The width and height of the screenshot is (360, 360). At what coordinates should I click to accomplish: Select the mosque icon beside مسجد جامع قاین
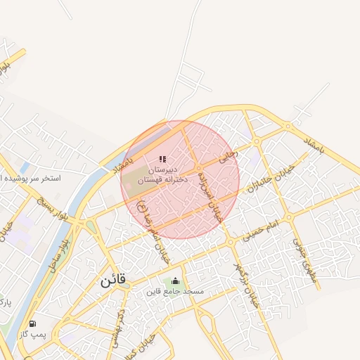[175, 281]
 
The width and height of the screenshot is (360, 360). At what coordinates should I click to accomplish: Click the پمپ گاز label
[34, 334]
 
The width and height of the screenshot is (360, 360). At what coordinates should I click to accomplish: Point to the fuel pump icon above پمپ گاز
[32, 323]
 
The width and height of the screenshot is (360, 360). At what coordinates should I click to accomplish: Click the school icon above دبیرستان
[162, 160]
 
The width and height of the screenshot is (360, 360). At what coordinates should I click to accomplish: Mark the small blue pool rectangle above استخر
[25, 167]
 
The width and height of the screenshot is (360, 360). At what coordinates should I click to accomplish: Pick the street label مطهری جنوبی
[306, 259]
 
